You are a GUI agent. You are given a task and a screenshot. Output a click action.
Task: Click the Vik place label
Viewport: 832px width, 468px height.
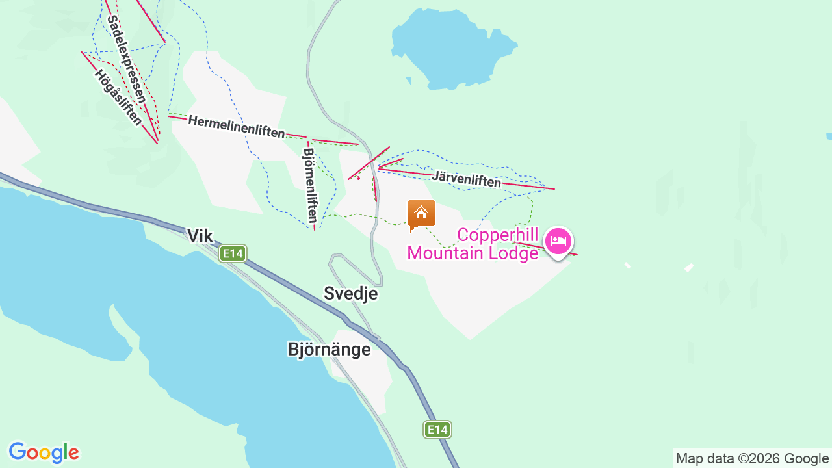200,235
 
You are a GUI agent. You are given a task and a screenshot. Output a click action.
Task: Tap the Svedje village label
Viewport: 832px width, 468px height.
350,293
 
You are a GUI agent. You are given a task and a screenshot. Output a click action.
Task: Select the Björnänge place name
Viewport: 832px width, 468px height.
329,349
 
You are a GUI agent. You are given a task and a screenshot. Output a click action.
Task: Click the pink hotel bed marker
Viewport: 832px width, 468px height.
558,241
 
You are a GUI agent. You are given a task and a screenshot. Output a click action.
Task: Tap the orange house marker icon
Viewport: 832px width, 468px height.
421,214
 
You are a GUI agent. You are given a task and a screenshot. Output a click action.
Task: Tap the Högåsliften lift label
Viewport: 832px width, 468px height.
118,97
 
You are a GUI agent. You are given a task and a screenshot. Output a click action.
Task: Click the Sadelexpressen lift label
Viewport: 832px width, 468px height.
126,58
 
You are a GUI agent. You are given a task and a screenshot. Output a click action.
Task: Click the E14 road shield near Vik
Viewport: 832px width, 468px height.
232,253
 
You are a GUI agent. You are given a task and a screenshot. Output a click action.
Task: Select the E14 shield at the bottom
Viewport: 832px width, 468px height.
437,429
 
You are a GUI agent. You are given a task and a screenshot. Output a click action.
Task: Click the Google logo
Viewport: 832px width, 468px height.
44,452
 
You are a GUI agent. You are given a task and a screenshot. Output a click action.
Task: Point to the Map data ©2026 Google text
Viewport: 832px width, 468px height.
752,458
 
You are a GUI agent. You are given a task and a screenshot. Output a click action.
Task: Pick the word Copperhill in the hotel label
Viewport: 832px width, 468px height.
498,234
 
